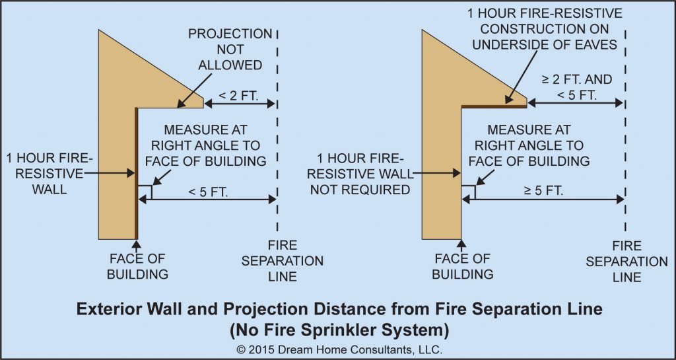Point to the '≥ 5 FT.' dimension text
pos(543,190)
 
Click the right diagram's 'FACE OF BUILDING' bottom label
pos(462,266)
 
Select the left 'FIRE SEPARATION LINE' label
pos(283,261)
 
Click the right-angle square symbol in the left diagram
pos(145,192)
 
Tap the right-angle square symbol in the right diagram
pos(468,192)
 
